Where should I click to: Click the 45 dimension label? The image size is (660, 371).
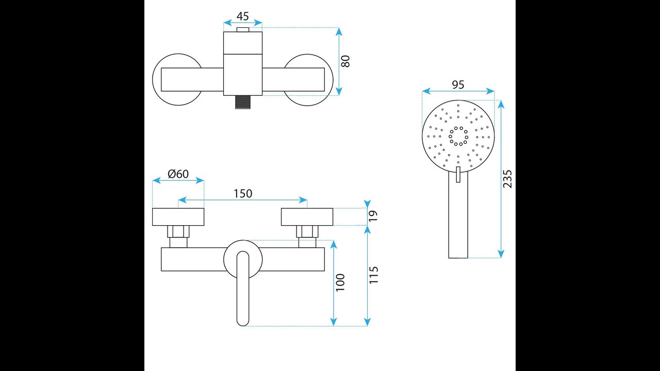point(242,16)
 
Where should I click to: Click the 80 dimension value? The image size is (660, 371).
point(346,61)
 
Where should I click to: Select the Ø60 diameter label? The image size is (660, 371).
point(178,174)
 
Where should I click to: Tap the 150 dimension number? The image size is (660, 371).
point(243,194)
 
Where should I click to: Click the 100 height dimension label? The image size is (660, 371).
point(340,283)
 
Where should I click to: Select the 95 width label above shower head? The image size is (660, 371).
point(458,85)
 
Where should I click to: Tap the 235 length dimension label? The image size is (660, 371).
point(508,179)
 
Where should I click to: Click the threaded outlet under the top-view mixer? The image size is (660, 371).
point(243,103)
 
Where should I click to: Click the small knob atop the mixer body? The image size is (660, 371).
point(243,29)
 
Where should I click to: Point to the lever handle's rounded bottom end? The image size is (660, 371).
point(243,321)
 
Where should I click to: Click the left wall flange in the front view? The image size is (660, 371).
point(178,217)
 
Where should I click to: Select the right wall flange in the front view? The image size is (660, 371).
point(307,217)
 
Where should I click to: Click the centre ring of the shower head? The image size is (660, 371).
point(458,136)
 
